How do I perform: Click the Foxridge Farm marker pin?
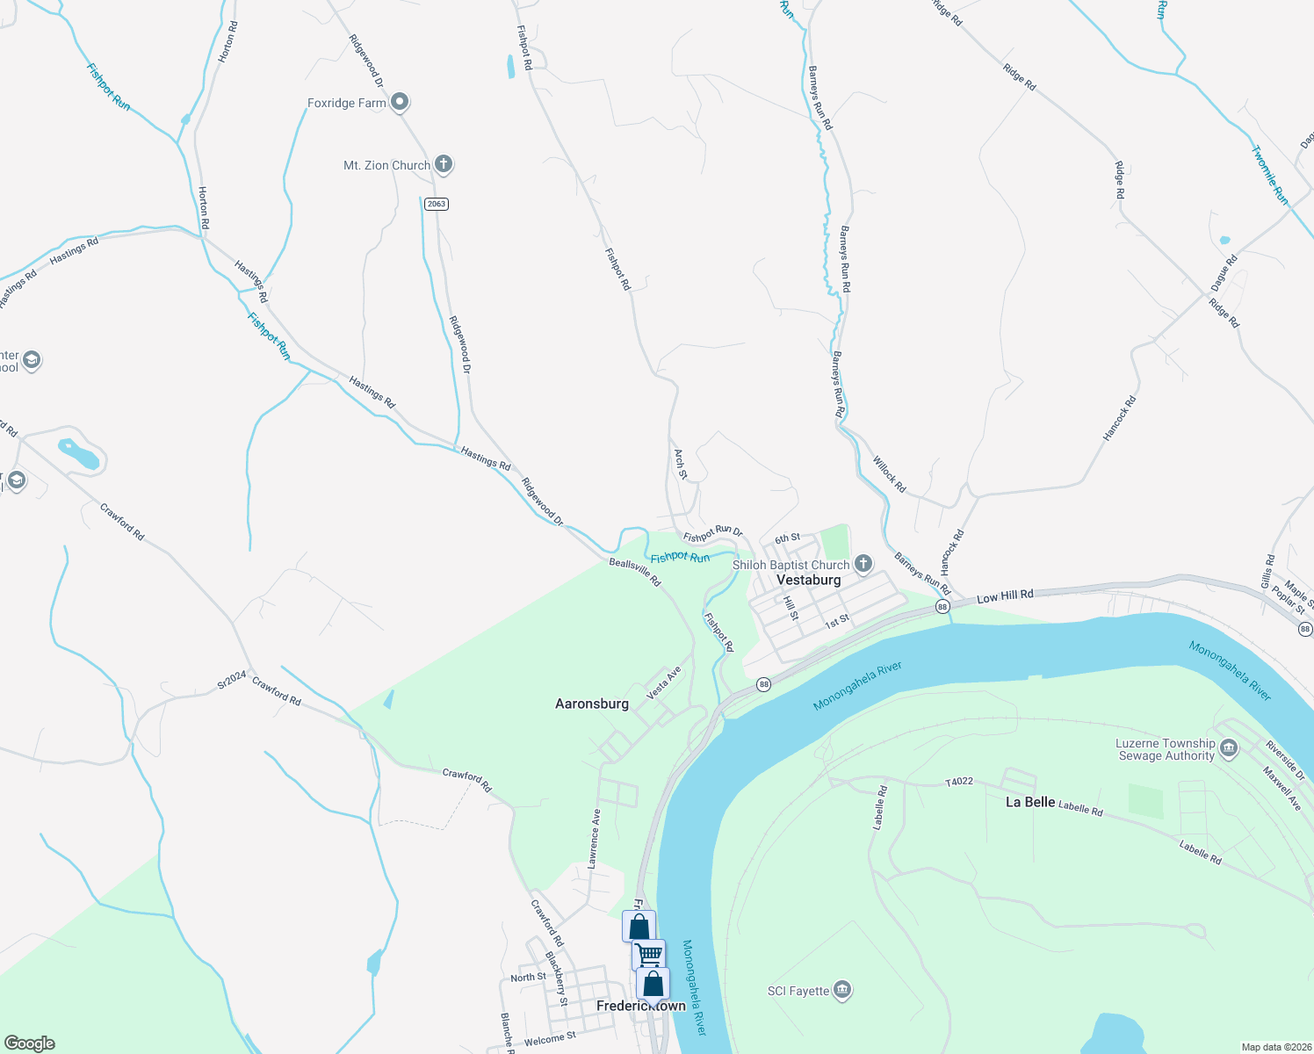pos(400,103)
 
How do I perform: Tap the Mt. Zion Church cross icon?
pos(444,164)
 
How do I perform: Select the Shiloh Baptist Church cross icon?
pos(863,564)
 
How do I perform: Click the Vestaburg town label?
pos(808,581)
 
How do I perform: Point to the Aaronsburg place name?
pos(592,704)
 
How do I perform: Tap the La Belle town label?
pos(1030,802)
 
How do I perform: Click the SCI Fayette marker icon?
pos(842,991)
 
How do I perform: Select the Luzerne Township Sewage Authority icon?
pos(1229,749)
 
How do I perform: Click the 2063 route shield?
pos(437,204)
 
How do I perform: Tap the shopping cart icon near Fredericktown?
pos(648,954)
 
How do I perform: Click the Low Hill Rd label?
pos(1005,596)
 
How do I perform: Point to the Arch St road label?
pos(681,464)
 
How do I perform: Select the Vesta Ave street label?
pos(664,683)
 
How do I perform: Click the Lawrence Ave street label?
pos(595,839)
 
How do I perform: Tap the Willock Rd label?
pos(889,474)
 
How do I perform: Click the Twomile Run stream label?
pos(1269,176)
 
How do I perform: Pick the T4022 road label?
pos(959,781)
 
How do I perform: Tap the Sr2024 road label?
pos(232,680)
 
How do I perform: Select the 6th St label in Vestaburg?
pos(787,538)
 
